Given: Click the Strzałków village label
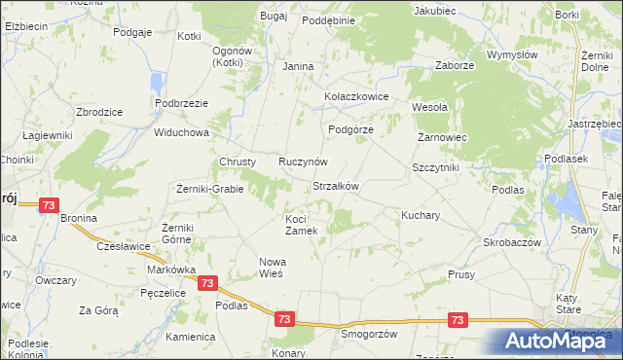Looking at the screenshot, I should [x=336, y=186].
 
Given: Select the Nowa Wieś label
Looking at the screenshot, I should [x=271, y=268].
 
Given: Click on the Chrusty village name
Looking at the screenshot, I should [x=238, y=161].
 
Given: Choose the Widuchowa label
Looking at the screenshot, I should [x=181, y=132].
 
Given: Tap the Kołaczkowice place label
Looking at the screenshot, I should [x=356, y=97].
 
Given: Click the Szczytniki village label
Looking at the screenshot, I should [x=435, y=167].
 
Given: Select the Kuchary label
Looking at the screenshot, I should [x=421, y=213].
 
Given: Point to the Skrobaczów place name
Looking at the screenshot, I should [x=511, y=241].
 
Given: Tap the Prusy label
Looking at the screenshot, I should [x=461, y=274].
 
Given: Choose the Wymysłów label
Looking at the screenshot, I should [x=512, y=55].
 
